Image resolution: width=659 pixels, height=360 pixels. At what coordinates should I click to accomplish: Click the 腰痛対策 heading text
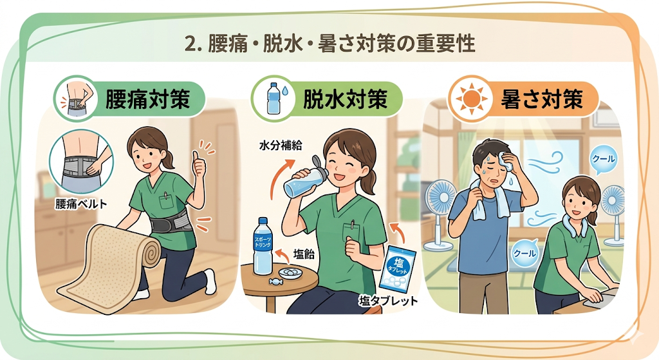[x=147, y=100]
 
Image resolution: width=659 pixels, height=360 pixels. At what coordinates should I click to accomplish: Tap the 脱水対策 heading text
[x=345, y=100]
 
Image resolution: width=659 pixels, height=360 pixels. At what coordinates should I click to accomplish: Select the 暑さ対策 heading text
[x=542, y=99]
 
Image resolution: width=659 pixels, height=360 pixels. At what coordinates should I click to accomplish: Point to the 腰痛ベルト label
[x=81, y=204]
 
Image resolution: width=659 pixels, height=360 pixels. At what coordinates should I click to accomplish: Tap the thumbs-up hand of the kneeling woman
[x=199, y=165]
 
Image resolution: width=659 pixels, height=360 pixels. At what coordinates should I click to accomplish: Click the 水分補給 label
[x=281, y=146]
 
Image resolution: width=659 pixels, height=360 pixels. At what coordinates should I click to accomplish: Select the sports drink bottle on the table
[x=263, y=246]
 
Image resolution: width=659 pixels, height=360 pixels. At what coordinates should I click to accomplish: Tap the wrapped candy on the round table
[x=277, y=280]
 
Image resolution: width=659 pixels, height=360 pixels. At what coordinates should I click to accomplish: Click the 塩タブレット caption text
[x=387, y=301]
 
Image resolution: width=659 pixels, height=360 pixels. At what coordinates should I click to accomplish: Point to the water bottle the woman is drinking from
[x=304, y=176]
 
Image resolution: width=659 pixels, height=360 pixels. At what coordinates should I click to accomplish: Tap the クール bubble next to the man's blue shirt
[x=524, y=252]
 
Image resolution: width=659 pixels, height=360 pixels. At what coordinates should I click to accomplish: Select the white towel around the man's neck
[x=488, y=198]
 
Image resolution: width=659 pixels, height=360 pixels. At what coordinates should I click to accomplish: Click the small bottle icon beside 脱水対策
[x=273, y=99]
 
